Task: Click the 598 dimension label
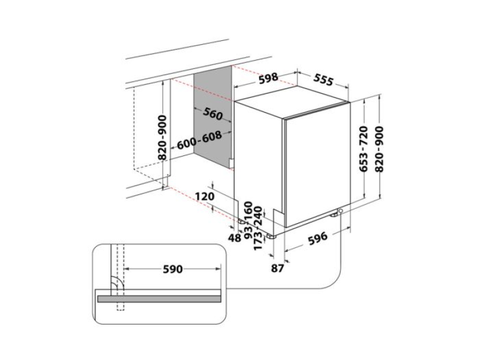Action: (x=268, y=78)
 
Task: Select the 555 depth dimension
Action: (x=323, y=80)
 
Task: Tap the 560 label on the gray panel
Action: (x=213, y=114)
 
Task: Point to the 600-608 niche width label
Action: (x=199, y=140)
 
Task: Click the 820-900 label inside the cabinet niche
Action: (x=163, y=137)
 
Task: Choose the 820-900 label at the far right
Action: (x=380, y=149)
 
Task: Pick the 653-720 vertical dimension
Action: (x=364, y=149)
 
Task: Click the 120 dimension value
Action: (x=205, y=196)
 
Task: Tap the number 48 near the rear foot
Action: (x=235, y=238)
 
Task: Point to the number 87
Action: (x=278, y=268)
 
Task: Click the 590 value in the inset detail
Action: (x=173, y=269)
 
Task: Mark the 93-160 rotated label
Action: (x=248, y=220)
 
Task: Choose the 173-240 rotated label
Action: (x=258, y=229)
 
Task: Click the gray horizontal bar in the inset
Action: (x=159, y=299)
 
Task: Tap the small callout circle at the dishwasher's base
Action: (x=340, y=211)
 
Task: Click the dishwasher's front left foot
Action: (x=271, y=236)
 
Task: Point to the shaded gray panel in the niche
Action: (x=213, y=116)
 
